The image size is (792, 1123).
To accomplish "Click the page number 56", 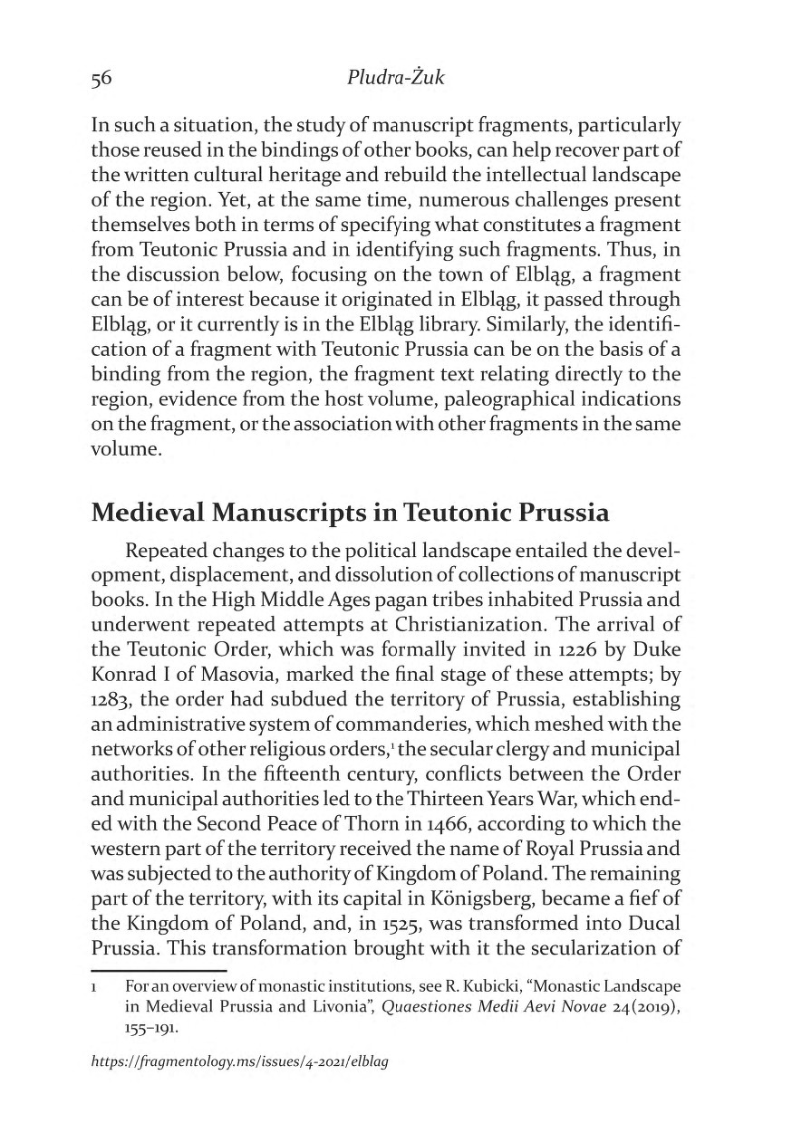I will point(101,79).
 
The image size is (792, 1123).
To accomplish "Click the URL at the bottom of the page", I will point(240,1061).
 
